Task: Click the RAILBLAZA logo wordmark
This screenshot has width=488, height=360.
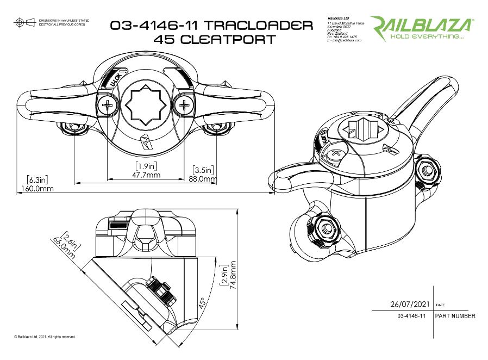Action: [x=422, y=25]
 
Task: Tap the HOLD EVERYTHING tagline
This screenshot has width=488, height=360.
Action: [x=422, y=38]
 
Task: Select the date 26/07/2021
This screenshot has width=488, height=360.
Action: [x=406, y=305]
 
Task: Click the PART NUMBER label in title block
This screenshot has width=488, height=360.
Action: [x=455, y=316]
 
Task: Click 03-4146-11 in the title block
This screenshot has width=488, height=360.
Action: [x=411, y=316]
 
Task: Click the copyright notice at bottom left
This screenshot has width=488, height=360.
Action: [x=45, y=337]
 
